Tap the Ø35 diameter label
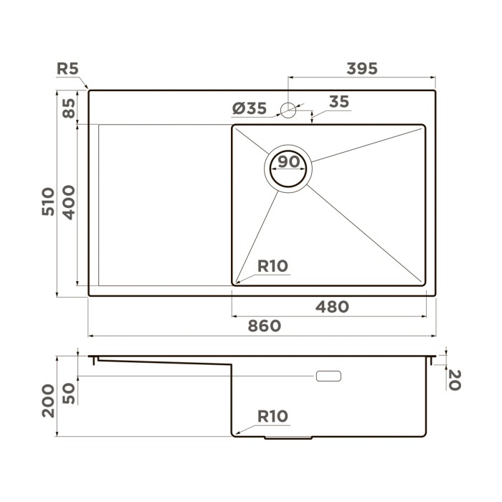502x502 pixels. [x=250, y=109]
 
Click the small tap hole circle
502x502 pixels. [x=288, y=110]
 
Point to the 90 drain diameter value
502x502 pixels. [x=289, y=162]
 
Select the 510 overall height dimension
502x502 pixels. [x=48, y=202]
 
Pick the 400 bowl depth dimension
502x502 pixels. [x=69, y=202]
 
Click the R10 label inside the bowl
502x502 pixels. [x=273, y=266]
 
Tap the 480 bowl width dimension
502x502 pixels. [x=332, y=307]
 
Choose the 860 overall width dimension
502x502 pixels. [x=263, y=326]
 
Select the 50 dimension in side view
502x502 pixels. [x=69, y=392]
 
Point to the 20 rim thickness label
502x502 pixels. [x=453, y=379]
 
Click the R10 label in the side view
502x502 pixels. [x=273, y=416]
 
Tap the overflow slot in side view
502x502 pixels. [x=328, y=376]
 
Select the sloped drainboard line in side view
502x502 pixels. [x=165, y=362]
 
